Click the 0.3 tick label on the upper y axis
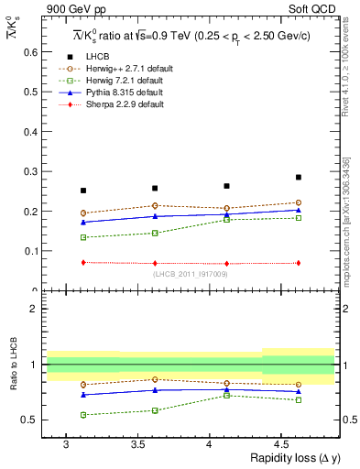pyautogui.click(x=30, y=171)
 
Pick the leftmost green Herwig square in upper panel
pyautogui.click(x=83, y=237)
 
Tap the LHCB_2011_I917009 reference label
pyautogui.click(x=190, y=273)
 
